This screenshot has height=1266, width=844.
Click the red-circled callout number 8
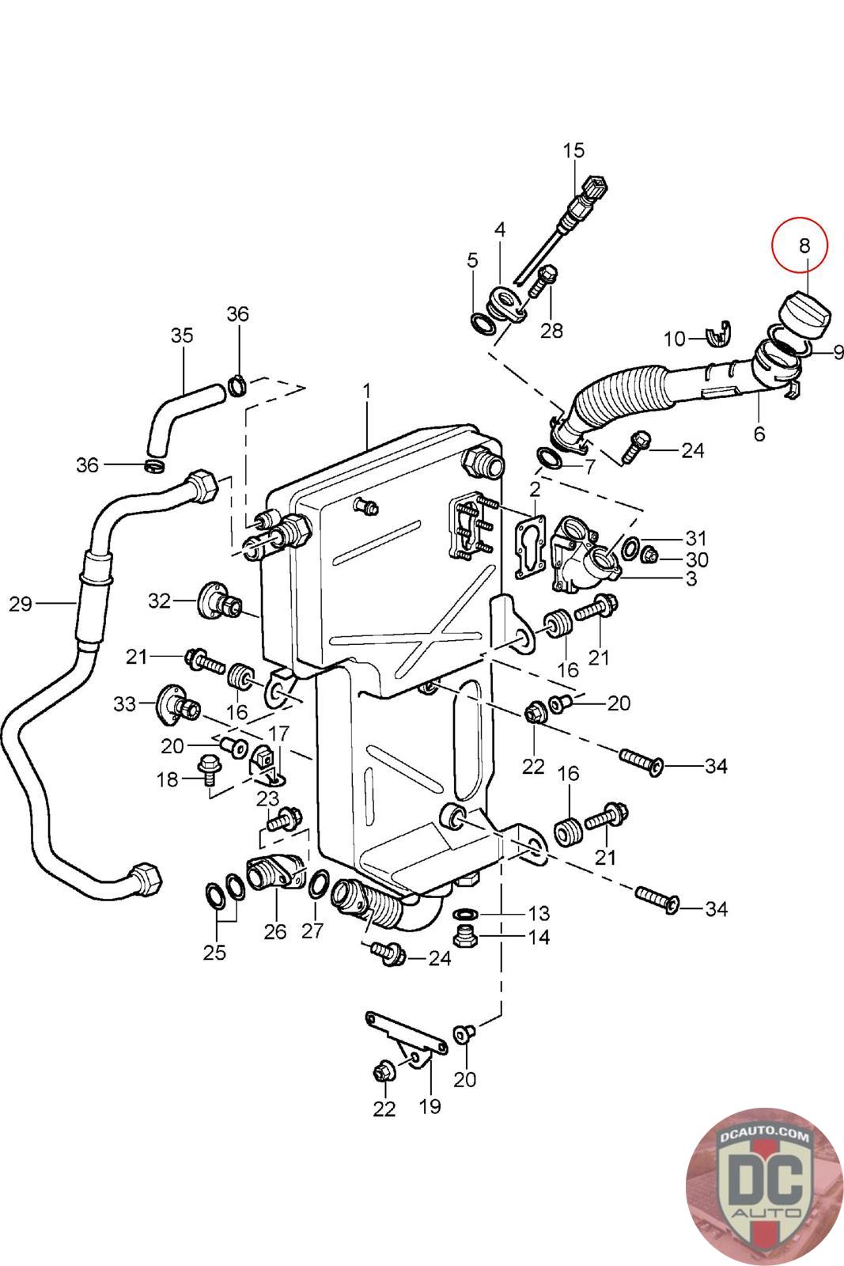coord(804,246)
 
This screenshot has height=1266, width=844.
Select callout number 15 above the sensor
coord(573,151)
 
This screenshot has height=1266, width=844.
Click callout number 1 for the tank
coord(367,392)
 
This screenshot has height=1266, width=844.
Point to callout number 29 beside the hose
coord(21,605)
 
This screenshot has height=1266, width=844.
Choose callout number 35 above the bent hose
coord(182,335)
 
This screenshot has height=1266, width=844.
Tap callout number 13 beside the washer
coord(539,913)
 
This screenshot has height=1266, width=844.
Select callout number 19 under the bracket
coord(430,1107)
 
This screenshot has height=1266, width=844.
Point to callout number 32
coord(159,601)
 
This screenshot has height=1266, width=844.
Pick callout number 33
coord(125,704)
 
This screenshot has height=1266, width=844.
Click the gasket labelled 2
coord(530,547)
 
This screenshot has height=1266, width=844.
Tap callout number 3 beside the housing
coord(691,578)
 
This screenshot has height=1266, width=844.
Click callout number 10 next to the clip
coord(674,339)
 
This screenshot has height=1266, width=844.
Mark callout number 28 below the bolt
coord(551,331)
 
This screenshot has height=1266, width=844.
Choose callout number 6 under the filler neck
coord(759,434)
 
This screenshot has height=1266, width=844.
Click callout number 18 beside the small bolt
coord(167,780)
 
